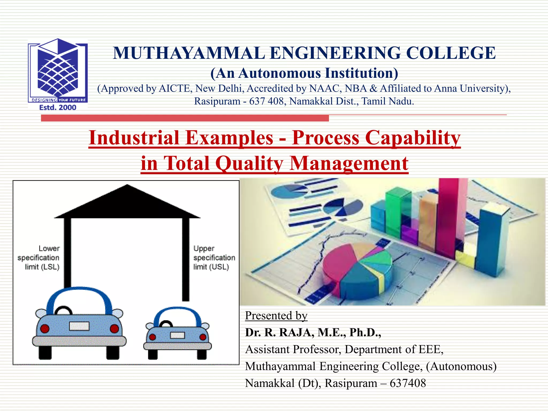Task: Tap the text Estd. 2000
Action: (x=58, y=108)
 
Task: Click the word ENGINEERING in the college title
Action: (x=335, y=53)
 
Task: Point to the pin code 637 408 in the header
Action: (x=266, y=101)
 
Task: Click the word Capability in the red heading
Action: (x=413, y=138)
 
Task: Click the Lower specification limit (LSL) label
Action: (x=39, y=257)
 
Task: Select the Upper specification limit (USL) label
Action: (x=214, y=257)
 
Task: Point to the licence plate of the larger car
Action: (x=79, y=326)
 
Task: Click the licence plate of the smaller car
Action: (x=177, y=335)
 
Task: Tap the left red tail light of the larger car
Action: (x=45, y=329)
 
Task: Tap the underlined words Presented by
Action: (x=276, y=316)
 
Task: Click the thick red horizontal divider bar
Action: (x=185, y=118)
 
